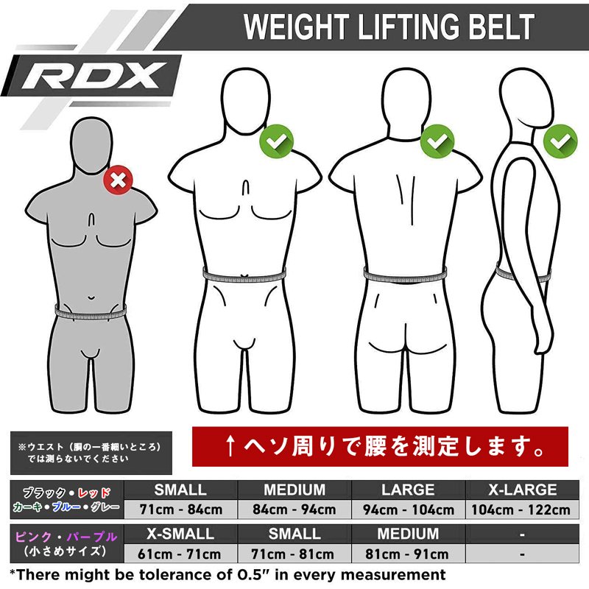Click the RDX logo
(x=94, y=75)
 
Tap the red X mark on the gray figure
(x=119, y=180)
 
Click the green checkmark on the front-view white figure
(x=276, y=141)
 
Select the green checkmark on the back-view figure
(x=437, y=141)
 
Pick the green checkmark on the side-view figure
(x=560, y=141)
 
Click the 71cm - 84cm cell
(x=180, y=509)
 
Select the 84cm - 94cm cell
(x=294, y=509)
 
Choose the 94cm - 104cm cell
(x=409, y=509)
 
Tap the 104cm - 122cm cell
(x=522, y=509)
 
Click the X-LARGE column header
(x=522, y=490)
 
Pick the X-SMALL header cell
(x=180, y=534)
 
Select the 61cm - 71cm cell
(x=180, y=554)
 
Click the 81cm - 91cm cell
(x=407, y=554)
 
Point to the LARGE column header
(x=409, y=490)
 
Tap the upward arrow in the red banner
(x=230, y=447)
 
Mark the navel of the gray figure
(x=91, y=298)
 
